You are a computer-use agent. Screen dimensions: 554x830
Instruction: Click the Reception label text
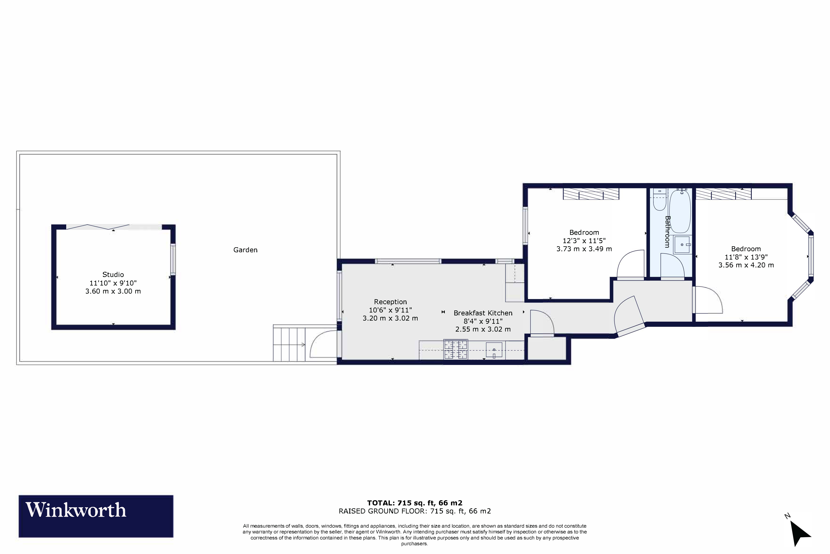point(390,302)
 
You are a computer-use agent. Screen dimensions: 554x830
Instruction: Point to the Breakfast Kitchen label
point(483,313)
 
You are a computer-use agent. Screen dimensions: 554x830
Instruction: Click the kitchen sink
point(494,350)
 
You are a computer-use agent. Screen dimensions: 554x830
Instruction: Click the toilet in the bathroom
point(659,201)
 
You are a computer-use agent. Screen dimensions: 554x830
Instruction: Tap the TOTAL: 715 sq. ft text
point(415,503)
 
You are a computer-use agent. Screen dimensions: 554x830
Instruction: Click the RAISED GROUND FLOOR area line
point(415,511)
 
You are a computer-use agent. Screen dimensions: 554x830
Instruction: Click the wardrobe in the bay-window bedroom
point(723,194)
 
